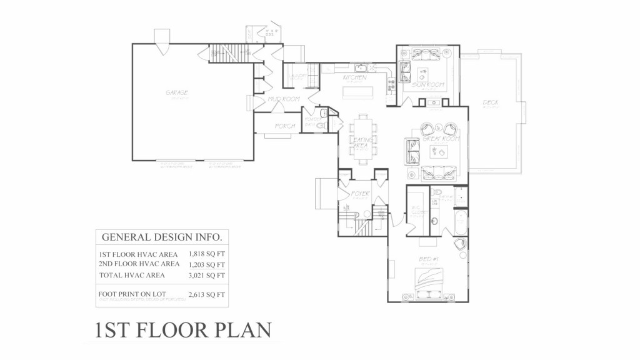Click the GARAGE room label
(177, 92)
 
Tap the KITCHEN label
(354, 77)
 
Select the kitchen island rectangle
(359, 92)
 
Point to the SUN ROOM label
(428, 84)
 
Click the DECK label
(490, 102)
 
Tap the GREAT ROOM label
(441, 139)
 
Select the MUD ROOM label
(284, 99)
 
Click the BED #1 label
(427, 259)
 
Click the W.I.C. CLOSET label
(416, 210)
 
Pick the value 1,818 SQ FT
(206, 254)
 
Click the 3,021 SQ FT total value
(206, 275)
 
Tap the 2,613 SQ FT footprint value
(206, 293)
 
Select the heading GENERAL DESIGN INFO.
(161, 237)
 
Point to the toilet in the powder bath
(323, 114)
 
